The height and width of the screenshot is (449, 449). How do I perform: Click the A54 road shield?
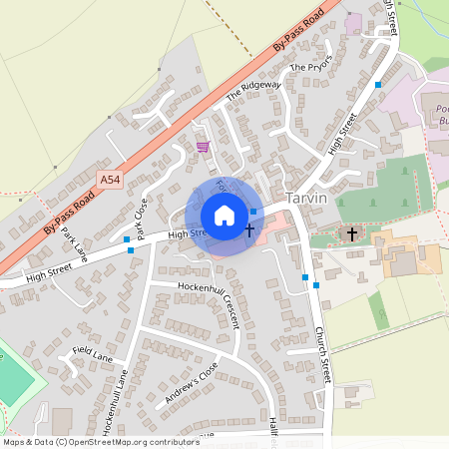coord(111,178)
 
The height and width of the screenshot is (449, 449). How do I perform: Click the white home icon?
coord(224,216)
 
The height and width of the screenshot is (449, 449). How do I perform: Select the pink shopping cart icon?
coord(203,147)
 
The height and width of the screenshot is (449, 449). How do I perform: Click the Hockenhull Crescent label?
coord(209,300)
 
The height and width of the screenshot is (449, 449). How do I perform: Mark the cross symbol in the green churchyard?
coord(350,233)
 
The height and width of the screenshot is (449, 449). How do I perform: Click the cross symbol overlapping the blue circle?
coord(248,231)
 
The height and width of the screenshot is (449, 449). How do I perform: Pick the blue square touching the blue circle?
coord(253,212)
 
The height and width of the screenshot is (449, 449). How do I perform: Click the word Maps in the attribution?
coord(14,441)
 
